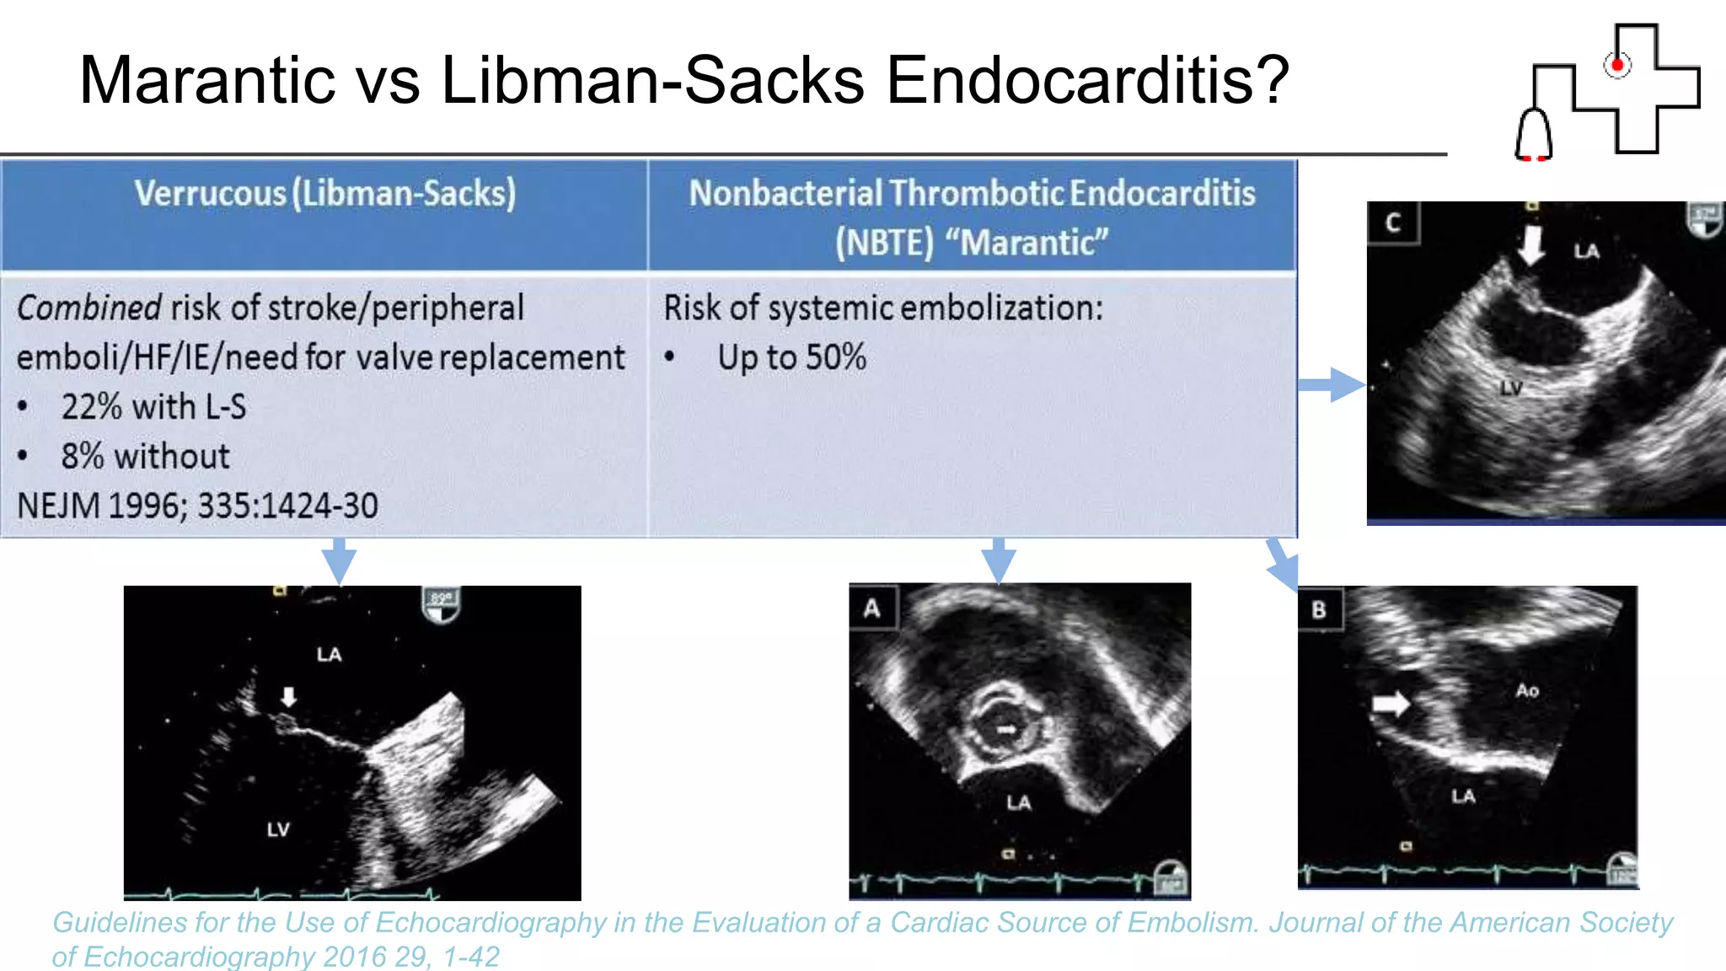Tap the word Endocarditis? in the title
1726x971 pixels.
[1087, 80]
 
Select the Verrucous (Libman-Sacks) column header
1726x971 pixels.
[324, 194]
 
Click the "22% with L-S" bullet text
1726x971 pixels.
[153, 407]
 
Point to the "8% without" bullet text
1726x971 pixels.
[145, 457]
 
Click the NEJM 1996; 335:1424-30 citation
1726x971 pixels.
[197, 506]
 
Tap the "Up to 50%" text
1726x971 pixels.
[791, 357]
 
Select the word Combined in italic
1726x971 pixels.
[88, 308]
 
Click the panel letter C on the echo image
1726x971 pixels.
[1392, 223]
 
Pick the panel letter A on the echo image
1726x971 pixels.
[872, 608]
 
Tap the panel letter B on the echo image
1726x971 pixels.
[1319, 609]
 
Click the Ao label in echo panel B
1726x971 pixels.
[1527, 691]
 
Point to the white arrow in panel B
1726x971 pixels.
[1391, 702]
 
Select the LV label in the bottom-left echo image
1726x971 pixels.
[278, 829]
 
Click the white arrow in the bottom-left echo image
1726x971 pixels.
[288, 697]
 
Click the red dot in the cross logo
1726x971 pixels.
[1616, 65]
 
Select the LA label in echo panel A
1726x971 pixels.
[1018, 802]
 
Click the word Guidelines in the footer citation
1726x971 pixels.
[120, 923]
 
